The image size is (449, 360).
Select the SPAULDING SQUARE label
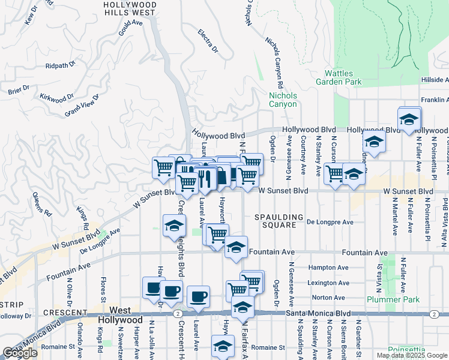point(275,221)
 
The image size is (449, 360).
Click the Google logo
point(20,353)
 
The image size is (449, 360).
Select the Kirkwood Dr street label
point(56,96)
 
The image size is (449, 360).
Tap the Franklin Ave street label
point(434,100)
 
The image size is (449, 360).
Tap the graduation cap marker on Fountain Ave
point(236,247)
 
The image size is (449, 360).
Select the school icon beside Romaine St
point(223,346)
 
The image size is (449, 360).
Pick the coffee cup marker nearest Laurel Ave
point(198,296)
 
